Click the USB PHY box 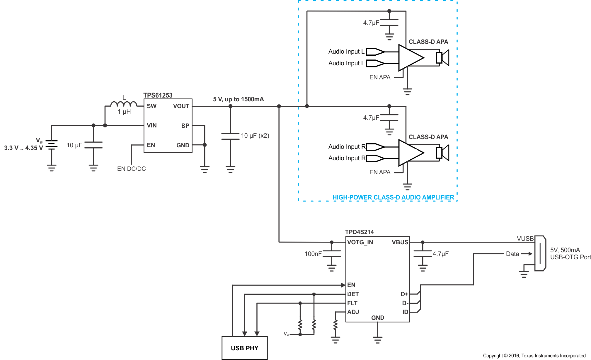click(244, 348)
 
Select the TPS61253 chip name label click(158, 95)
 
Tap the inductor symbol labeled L click(124, 104)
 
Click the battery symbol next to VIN click(52, 145)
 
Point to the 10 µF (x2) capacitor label click(255, 136)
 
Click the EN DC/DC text click(131, 169)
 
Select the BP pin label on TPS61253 click(185, 126)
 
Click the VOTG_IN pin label click(360, 242)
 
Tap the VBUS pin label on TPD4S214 click(400, 242)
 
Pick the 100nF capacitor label click(313, 254)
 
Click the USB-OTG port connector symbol click(540, 253)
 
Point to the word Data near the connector click(512, 254)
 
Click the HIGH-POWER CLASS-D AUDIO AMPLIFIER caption click(393, 197)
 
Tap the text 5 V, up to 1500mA click(238, 99)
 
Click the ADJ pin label click(353, 312)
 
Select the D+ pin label click(404, 294)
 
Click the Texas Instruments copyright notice click(534, 356)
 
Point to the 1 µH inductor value click(124, 112)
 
